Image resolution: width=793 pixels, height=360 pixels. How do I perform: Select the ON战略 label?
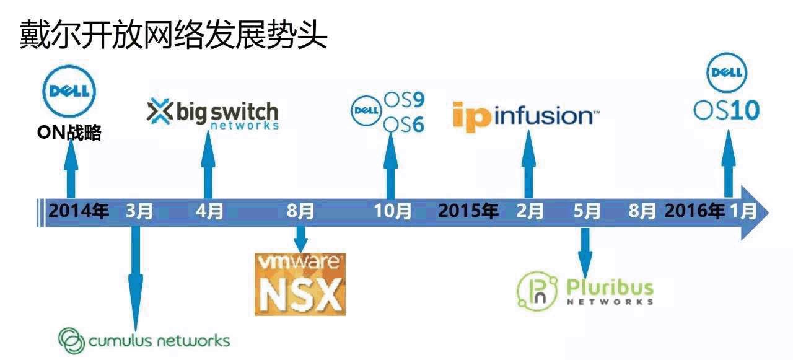coord(69,133)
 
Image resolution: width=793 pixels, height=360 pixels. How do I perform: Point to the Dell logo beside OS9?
coord(366,111)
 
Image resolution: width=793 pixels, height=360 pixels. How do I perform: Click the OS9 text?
coord(403,99)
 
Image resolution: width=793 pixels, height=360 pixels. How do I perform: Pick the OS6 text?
coord(403,124)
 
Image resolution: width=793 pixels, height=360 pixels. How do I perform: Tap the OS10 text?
coord(726,110)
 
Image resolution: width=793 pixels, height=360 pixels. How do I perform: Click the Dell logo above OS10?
coord(725,73)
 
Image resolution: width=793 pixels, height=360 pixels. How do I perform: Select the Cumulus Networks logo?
coord(144,340)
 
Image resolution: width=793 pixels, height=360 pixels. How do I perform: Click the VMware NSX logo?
coord(300,284)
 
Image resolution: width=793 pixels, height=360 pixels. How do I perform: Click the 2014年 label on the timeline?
coord(79,211)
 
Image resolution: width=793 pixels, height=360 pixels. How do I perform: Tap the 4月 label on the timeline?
coord(209,211)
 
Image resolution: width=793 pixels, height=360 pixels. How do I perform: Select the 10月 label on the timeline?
coord(393,211)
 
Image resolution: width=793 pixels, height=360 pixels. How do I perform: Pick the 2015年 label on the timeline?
coord(468,211)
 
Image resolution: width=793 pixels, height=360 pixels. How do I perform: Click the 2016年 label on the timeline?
coord(694,211)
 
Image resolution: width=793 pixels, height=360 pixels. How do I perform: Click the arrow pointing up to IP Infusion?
coord(528,164)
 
